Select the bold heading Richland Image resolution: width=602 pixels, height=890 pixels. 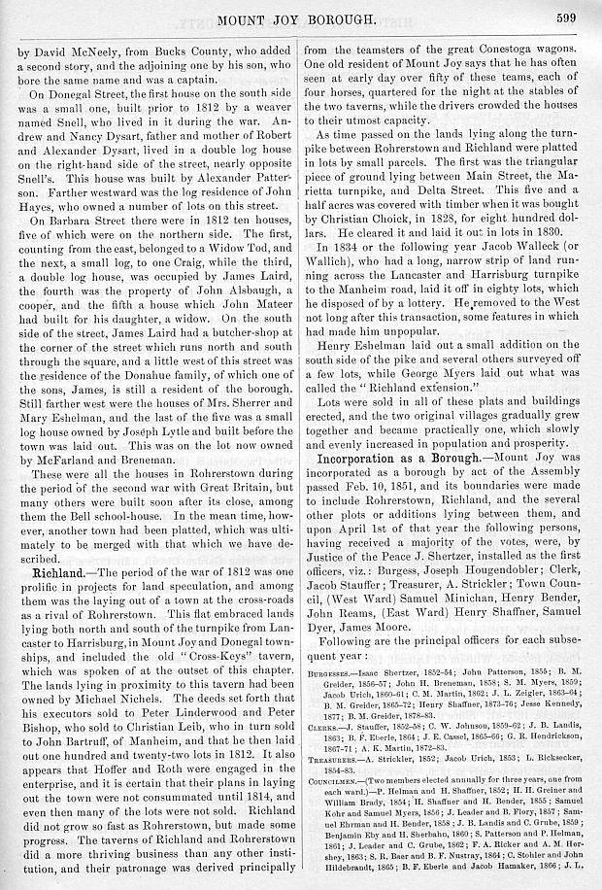tap(48, 574)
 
